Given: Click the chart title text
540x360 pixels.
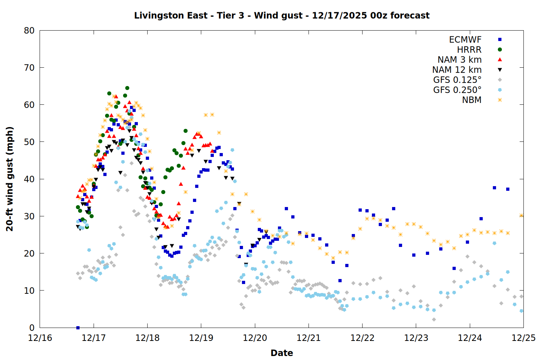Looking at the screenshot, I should (x=282, y=15).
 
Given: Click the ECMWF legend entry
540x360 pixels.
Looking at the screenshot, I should (x=465, y=40).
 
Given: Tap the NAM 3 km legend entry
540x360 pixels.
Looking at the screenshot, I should (x=459, y=60).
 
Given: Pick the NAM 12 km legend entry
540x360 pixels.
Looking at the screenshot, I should (x=457, y=70).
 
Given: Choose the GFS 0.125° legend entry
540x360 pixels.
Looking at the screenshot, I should (x=457, y=80).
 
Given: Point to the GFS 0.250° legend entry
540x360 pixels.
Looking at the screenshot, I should (x=457, y=90).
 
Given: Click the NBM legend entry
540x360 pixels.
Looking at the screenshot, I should (x=472, y=100).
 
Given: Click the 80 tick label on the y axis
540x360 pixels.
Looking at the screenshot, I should (x=29, y=31).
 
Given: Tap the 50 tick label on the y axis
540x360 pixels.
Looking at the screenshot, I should (x=29, y=142).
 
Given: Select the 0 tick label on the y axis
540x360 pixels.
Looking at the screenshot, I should (x=32, y=328).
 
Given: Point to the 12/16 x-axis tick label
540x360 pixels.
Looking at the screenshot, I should (x=40, y=338).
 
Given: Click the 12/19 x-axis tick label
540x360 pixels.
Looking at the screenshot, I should (x=201, y=338).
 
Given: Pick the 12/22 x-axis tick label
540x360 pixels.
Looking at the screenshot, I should (x=362, y=338).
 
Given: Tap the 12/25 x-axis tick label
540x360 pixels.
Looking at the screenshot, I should (x=523, y=338).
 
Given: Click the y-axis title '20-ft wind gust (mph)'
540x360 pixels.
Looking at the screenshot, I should (x=10, y=179).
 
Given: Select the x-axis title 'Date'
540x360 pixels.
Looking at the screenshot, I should (x=282, y=353).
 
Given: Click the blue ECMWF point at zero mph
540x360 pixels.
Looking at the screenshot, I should (x=78, y=328).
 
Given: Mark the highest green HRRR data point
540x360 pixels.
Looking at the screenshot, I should (x=127, y=88).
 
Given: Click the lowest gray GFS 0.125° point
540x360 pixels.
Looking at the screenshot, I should (x=434, y=319).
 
